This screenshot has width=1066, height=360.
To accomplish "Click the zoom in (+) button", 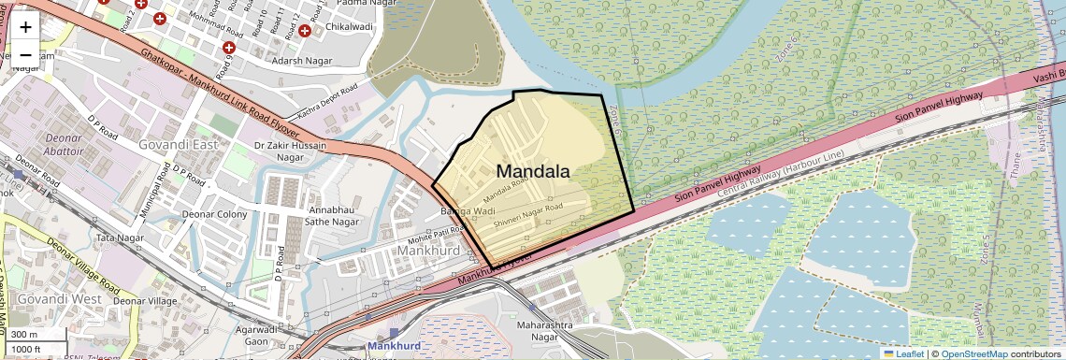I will coord(25,27).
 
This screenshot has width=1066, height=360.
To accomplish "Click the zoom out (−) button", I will coord(25,54).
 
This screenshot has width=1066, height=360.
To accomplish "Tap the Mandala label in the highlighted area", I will coord(532,171).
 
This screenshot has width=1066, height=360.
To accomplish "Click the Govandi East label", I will coord(179,145).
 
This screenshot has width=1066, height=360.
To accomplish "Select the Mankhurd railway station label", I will coord(395,346).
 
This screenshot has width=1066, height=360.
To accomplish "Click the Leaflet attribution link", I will coord(904,353).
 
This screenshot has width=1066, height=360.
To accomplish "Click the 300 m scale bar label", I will coord(24,335).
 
